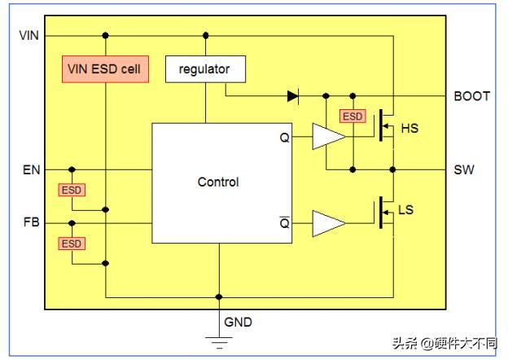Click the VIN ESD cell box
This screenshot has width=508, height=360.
[x=105, y=69]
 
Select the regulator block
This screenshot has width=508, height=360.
[x=205, y=69]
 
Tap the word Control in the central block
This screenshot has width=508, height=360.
[x=218, y=182]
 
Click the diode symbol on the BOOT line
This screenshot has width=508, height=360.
[x=293, y=96]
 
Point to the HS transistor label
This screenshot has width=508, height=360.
[x=409, y=129]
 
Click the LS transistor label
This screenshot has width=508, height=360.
[x=406, y=210]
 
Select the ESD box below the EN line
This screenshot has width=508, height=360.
[x=72, y=190]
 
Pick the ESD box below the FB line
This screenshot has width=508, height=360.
[x=72, y=244]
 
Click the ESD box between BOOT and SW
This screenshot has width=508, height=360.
[x=353, y=116]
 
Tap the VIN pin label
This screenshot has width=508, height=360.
[x=28, y=35]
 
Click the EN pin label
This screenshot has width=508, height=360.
[x=31, y=169]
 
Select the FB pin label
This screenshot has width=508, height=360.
[x=31, y=222]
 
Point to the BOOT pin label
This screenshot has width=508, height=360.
[x=471, y=96]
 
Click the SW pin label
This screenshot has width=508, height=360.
[x=464, y=169]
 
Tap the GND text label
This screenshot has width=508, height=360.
[x=238, y=322]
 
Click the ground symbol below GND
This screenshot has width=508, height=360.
[x=219, y=343]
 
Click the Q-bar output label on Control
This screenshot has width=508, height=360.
[x=284, y=222]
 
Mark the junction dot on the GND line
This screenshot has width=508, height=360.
[x=219, y=296]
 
